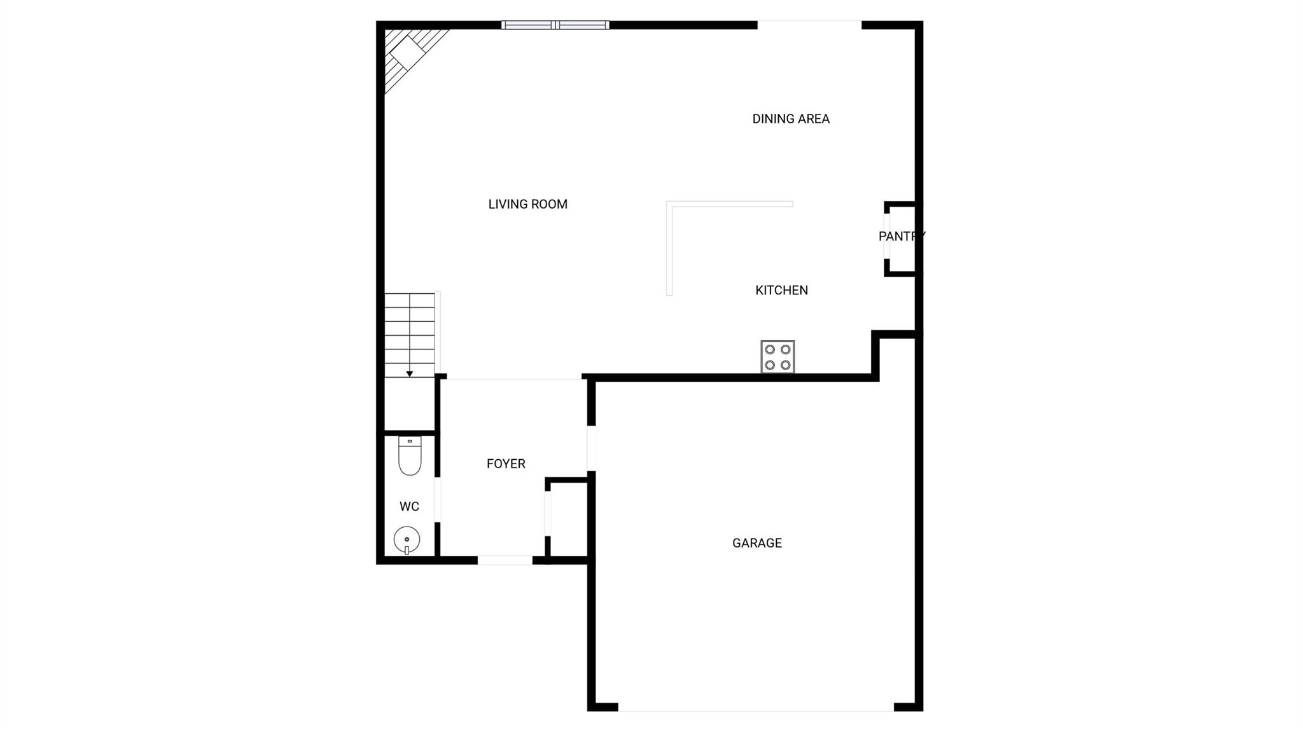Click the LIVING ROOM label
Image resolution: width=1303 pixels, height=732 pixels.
click(527, 204)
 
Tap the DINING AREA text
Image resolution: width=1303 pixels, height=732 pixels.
click(791, 119)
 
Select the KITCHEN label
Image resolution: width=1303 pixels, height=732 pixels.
click(781, 290)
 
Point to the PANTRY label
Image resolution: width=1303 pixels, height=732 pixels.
click(902, 237)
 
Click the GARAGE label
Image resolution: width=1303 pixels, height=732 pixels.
click(757, 543)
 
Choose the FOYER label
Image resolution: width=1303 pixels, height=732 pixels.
click(506, 464)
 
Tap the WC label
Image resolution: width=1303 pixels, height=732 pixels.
click(409, 507)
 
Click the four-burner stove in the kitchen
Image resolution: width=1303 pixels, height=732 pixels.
click(777, 357)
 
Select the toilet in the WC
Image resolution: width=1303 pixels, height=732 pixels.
click(410, 455)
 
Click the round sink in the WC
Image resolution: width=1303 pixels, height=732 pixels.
click(407, 540)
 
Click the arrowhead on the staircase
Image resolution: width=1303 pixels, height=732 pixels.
click(410, 374)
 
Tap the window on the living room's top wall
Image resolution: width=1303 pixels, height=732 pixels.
click(555, 25)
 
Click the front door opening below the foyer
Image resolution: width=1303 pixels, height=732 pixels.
click(505, 560)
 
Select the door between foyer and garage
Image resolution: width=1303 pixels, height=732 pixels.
click(591, 448)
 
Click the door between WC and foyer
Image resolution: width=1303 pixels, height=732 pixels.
click(437, 499)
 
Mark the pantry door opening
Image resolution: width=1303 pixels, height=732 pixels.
click(886, 236)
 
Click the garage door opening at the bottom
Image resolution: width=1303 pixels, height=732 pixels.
click(756, 707)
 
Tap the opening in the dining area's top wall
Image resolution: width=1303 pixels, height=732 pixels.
click(809, 25)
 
